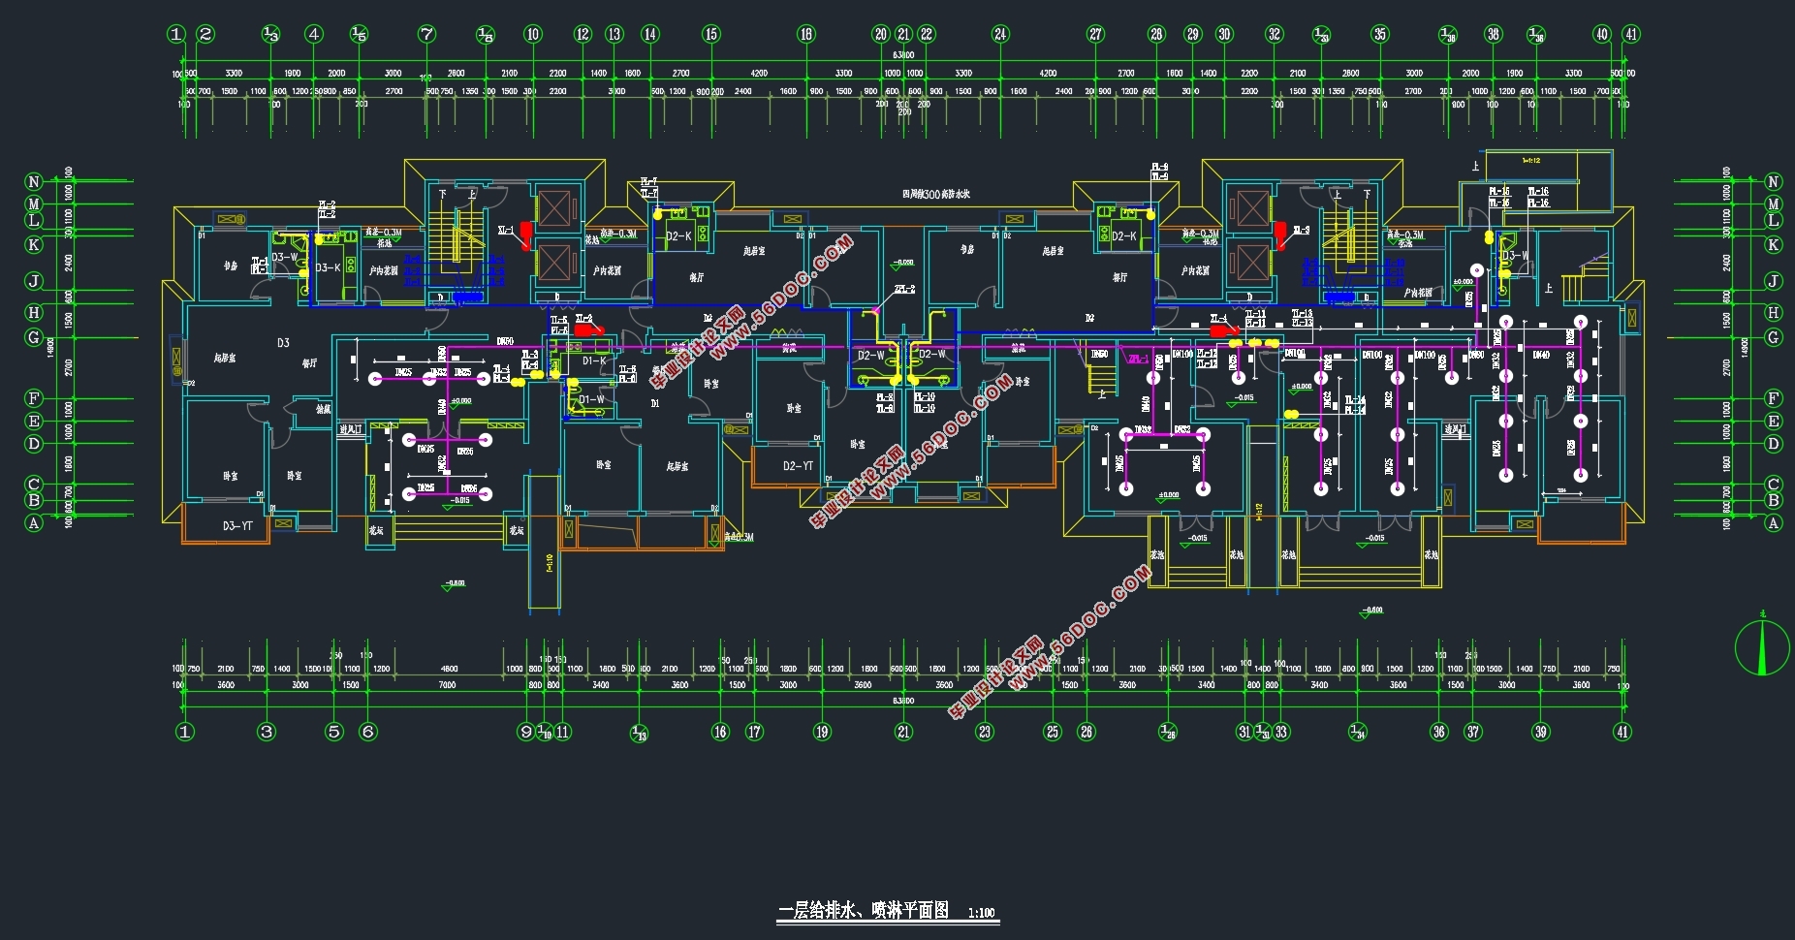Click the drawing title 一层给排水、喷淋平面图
click(x=863, y=910)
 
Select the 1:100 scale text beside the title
click(x=982, y=912)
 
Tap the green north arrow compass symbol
click(x=1762, y=647)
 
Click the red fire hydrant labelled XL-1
click(x=526, y=234)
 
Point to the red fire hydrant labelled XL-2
click(x=586, y=329)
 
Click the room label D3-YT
click(x=237, y=526)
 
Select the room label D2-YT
click(x=799, y=466)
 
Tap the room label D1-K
click(x=594, y=361)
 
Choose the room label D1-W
click(x=591, y=399)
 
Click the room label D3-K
click(x=329, y=267)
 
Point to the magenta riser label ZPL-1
click(x=1137, y=360)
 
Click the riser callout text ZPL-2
click(x=904, y=289)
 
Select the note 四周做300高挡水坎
click(x=936, y=195)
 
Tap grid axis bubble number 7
click(x=426, y=35)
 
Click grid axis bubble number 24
click(x=1000, y=35)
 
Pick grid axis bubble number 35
click(x=1379, y=35)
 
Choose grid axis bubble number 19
click(x=822, y=732)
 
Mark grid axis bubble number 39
click(x=1541, y=732)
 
